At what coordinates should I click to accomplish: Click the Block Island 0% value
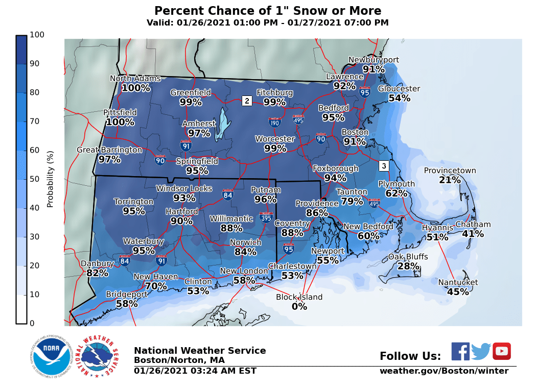299,307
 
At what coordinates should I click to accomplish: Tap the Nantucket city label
458,282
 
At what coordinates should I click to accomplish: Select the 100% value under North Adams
136,88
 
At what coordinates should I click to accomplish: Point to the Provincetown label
450,170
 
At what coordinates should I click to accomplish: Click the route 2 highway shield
247,101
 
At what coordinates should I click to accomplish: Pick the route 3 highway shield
384,166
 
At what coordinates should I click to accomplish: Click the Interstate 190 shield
274,122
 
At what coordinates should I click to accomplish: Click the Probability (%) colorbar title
50,179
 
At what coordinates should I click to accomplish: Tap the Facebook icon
460,351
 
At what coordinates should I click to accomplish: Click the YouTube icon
502,351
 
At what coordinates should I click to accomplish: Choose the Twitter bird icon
481,352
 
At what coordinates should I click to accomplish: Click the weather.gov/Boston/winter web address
444,371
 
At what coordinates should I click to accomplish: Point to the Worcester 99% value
275,149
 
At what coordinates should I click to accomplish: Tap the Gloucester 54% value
399,98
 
